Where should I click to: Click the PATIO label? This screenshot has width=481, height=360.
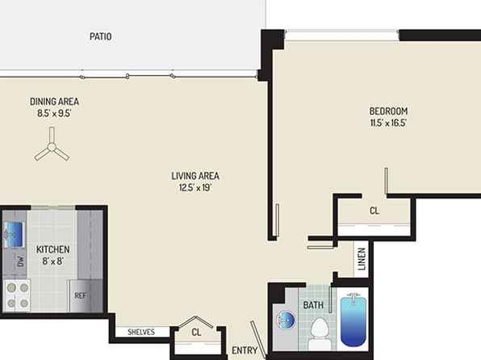pyautogui.click(x=100, y=36)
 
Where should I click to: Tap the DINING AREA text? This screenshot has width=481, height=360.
pyautogui.click(x=54, y=102)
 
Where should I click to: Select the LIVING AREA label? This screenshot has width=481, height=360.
pyautogui.click(x=195, y=176)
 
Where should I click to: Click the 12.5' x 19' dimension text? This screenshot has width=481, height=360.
pyautogui.click(x=195, y=187)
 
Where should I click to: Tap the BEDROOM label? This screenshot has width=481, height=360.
pyautogui.click(x=388, y=111)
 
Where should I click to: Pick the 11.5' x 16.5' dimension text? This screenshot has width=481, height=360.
pyautogui.click(x=388, y=123)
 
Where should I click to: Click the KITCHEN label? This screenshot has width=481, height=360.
pyautogui.click(x=52, y=249)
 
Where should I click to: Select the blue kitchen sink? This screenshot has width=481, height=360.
pyautogui.click(x=14, y=235)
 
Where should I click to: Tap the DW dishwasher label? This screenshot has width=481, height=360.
pyautogui.click(x=20, y=262)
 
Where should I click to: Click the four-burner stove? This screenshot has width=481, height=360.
pyautogui.click(x=17, y=295)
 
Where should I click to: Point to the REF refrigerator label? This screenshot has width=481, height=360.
pyautogui.click(x=81, y=296)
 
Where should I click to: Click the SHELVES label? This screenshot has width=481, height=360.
pyautogui.click(x=141, y=332)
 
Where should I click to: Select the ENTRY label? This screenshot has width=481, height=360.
pyautogui.click(x=245, y=350)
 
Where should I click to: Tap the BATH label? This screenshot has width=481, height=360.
pyautogui.click(x=313, y=305)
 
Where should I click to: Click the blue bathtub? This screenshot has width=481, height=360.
pyautogui.click(x=353, y=320)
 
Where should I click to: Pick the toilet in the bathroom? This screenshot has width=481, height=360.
pyautogui.click(x=320, y=333)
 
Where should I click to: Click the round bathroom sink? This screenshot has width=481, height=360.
pyautogui.click(x=286, y=320)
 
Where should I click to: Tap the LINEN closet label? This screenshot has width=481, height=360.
pyautogui.click(x=362, y=259)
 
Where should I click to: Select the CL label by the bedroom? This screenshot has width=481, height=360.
pyautogui.click(x=374, y=211)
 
